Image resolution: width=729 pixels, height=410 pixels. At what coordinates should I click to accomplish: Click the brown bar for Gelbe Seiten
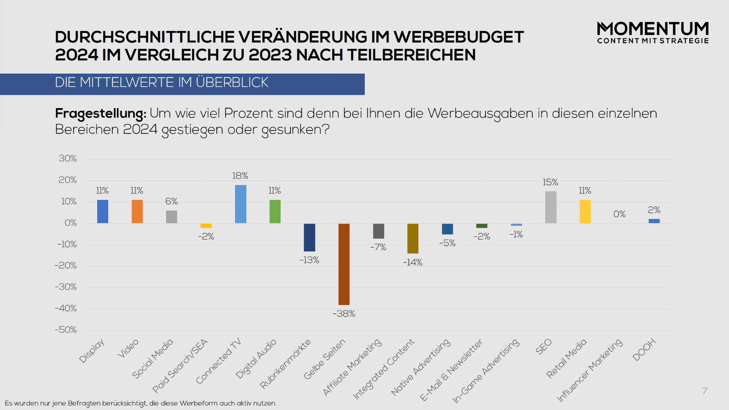344,264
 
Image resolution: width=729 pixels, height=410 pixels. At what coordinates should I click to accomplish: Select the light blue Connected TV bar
240,204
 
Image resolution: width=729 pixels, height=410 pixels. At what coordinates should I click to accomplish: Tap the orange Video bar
137,211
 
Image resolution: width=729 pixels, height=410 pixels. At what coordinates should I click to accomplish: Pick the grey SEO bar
551,207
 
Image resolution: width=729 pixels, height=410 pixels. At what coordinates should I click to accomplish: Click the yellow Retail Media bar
585,211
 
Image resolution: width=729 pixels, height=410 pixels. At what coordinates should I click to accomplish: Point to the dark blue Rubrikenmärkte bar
309,237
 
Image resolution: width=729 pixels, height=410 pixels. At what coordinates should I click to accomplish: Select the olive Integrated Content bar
413,238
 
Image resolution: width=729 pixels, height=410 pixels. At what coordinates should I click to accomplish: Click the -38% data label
344,314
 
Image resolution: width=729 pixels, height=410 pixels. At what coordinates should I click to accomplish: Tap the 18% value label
240,176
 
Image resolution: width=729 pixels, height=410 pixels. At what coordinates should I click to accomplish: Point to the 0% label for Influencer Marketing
620,214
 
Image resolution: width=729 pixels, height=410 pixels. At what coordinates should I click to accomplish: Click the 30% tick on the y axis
68,159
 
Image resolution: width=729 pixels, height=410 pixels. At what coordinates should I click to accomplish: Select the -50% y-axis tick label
66,330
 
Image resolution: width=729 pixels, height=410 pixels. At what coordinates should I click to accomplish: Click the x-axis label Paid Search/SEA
180,366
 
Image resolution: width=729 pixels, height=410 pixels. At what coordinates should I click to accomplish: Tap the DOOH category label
644,349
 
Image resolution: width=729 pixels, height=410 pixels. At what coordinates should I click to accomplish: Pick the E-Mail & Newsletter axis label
451,370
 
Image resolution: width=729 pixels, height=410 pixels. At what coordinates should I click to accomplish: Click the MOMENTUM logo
653,33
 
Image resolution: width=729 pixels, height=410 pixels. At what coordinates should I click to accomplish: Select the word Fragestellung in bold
100,113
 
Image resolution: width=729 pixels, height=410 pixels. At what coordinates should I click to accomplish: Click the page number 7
705,391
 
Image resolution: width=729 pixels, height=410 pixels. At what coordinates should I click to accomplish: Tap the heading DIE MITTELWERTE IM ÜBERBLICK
162,82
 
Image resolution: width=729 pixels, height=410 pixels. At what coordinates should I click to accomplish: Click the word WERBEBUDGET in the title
459,37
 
